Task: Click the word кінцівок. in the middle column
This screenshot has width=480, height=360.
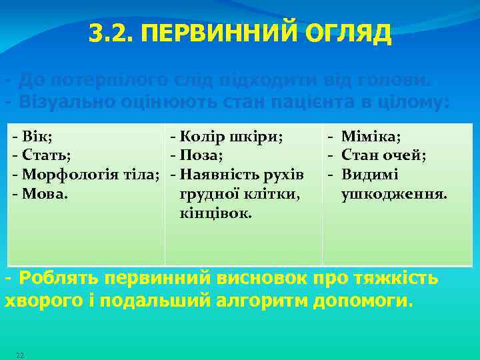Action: point(215,213)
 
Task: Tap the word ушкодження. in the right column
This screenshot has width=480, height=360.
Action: point(393,194)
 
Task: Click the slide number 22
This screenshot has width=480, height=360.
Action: point(20,355)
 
